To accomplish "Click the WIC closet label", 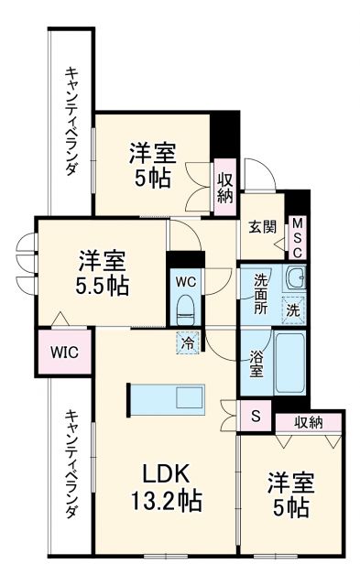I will click(63, 353).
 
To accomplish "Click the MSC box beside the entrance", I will click(299, 237).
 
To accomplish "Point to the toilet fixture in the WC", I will click(185, 303).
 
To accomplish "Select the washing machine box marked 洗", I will click(293, 310).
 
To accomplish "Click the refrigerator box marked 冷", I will click(186, 343).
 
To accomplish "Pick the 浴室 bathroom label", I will click(257, 364).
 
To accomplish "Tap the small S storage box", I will click(256, 417).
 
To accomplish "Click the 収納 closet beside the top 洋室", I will click(225, 187).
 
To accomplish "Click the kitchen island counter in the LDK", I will click(170, 398).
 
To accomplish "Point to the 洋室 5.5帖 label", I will click(101, 271).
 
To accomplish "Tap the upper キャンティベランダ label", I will click(71, 121).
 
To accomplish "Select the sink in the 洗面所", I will click(293, 278).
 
